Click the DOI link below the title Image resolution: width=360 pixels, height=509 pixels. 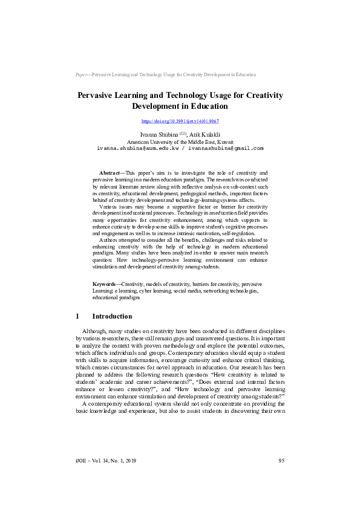[x=180, y=122]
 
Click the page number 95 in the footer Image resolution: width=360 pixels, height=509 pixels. [x=281, y=461]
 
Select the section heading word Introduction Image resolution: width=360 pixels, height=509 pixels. [x=112, y=316]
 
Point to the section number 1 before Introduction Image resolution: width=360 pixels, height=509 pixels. [x=77, y=316]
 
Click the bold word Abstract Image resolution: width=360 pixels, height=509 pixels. [x=110, y=173]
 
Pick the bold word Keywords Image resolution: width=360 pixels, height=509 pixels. [x=104, y=284]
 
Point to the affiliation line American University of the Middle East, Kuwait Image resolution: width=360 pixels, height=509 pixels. [x=180, y=141]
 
